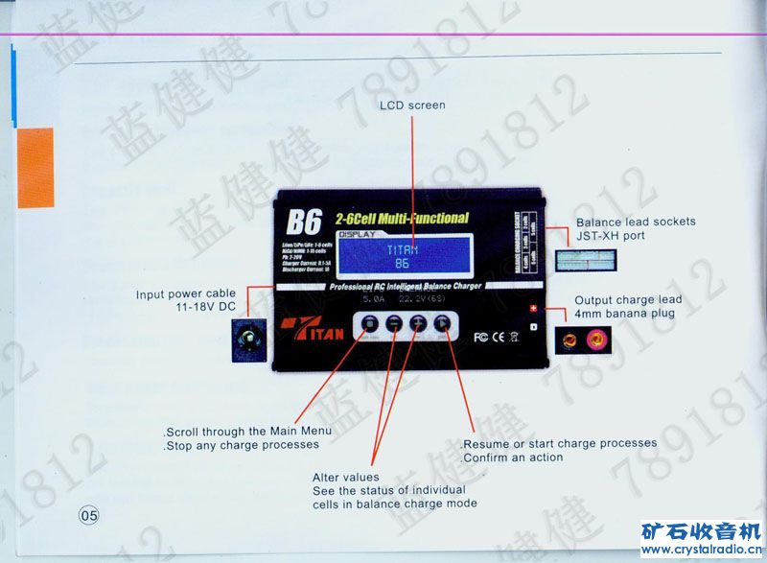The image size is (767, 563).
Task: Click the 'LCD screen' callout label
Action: click(412, 105)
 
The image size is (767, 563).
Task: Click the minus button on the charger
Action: click(394, 326)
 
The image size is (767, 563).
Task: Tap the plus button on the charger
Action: click(418, 326)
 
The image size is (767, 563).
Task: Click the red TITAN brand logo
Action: click(313, 326)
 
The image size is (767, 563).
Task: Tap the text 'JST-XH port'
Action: click(610, 236)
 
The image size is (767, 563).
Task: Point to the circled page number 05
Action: click(89, 515)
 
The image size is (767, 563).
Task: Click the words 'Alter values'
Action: click(345, 477)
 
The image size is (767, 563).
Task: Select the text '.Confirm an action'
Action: click(512, 457)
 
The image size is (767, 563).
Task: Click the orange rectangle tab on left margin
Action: click(35, 168)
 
